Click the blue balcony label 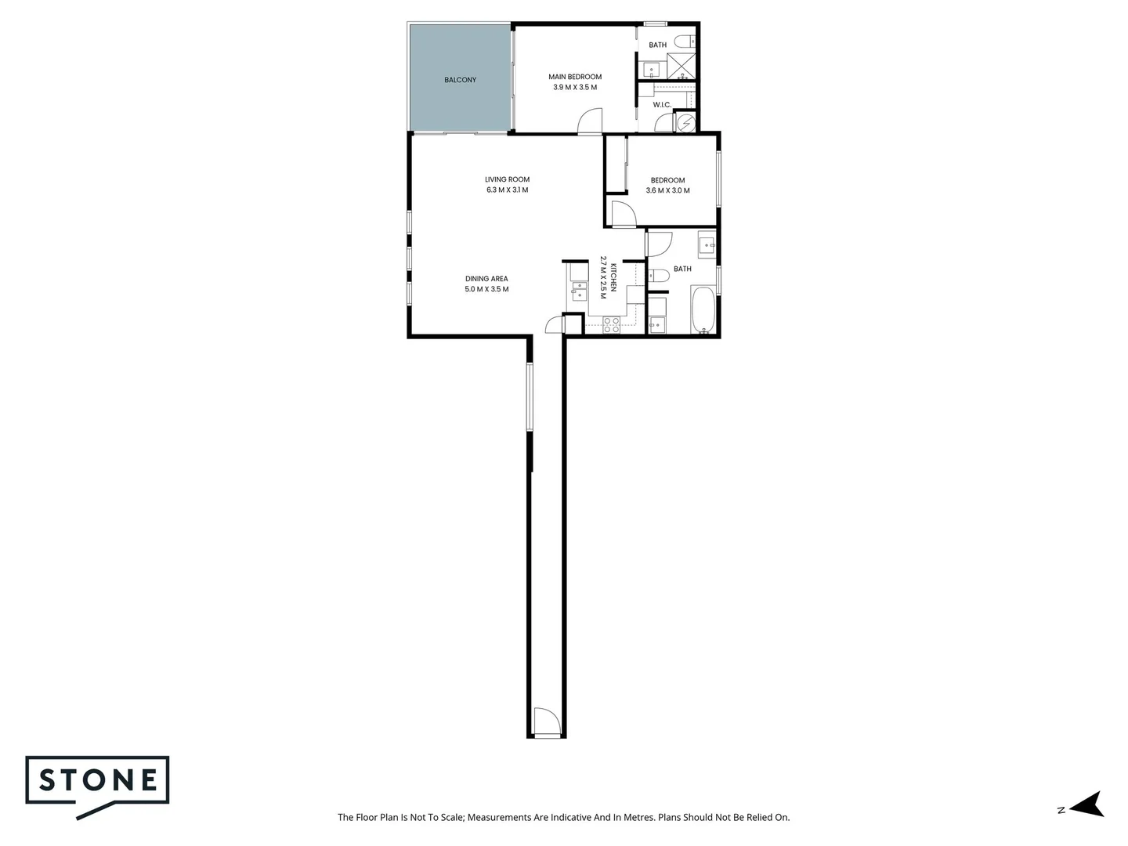(460, 80)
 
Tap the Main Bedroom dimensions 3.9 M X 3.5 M (575, 87)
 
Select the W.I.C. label (662, 104)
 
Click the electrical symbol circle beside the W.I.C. (686, 123)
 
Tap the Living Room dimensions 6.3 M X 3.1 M (507, 190)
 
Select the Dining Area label (486, 279)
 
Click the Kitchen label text (613, 277)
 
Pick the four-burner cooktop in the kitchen (611, 324)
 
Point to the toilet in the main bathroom (658, 274)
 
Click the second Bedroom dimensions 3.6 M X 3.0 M (667, 190)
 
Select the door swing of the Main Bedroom (589, 122)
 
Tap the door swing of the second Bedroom (624, 214)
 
